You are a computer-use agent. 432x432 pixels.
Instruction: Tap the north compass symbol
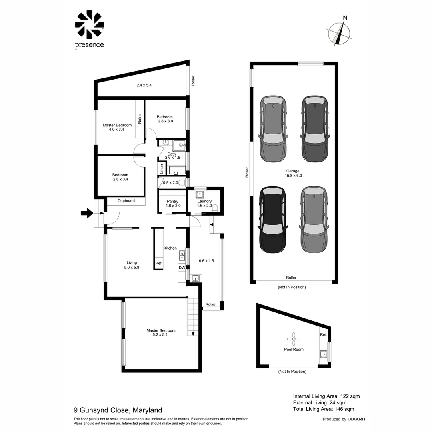(340, 33)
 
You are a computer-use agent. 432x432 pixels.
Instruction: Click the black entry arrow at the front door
(86, 214)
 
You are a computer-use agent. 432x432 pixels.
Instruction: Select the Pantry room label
(172, 204)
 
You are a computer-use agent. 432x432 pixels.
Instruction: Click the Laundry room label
(204, 204)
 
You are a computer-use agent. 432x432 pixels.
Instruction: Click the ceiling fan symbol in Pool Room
(294, 339)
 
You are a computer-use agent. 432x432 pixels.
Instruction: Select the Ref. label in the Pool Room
(323, 334)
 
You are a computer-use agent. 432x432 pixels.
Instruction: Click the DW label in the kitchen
(182, 268)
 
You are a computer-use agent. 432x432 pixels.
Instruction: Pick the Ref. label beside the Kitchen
(159, 263)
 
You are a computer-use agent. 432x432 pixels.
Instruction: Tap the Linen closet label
(162, 168)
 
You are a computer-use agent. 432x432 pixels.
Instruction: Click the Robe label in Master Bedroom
(140, 119)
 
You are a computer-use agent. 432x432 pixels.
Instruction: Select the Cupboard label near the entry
(126, 201)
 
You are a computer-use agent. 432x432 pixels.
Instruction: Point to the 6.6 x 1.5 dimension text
(206, 261)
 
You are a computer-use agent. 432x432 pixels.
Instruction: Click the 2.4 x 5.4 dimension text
(144, 85)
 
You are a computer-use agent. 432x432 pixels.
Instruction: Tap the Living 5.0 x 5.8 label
(132, 265)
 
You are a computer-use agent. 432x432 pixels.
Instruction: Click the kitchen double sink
(182, 255)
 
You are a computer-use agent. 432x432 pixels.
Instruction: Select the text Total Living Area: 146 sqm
(323, 409)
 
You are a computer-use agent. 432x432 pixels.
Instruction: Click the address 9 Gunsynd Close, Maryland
(118, 410)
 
